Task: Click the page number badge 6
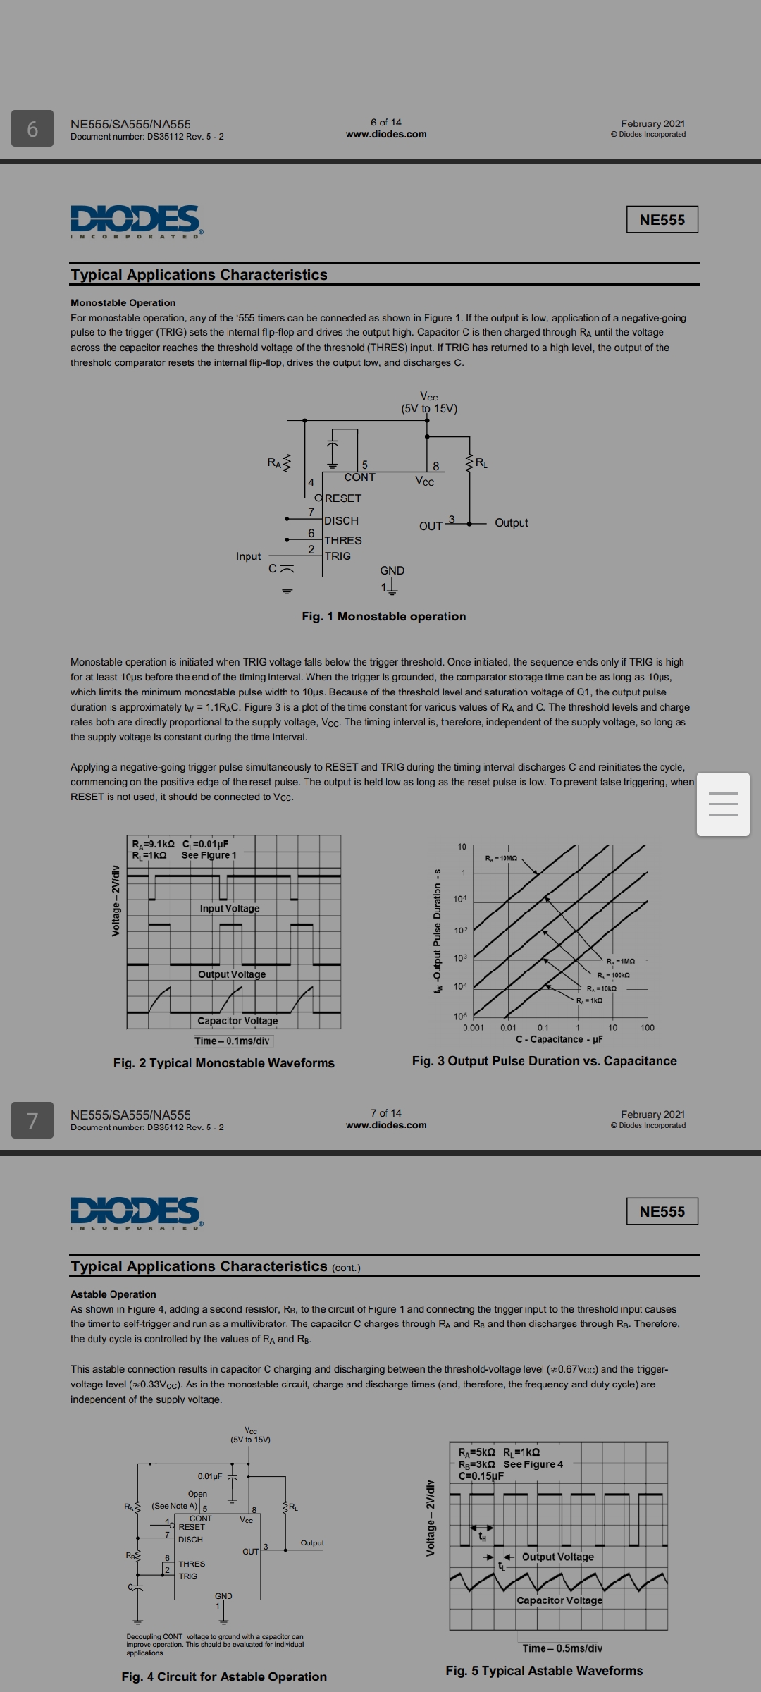pos(32,129)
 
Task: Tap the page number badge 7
pos(32,1120)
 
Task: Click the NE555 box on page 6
pos(662,220)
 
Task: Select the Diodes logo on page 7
pos(136,1211)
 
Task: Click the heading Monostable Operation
pos(123,302)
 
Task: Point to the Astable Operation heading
pos(113,1294)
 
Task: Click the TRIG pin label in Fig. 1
pos(338,556)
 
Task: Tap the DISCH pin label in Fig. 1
pos(341,520)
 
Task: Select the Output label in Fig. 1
pos(511,522)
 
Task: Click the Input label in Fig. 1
pos(248,556)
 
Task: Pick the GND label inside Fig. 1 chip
pos(392,570)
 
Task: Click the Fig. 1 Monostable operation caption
pos(384,616)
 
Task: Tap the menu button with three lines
pos(722,804)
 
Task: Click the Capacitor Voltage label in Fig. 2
pos(237,1021)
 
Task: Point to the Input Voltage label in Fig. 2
pos(230,908)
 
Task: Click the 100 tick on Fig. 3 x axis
pos(647,1027)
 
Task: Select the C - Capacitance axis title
pos(559,1039)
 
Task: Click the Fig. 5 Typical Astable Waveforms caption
pos(544,1670)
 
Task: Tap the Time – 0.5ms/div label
pos(562,1648)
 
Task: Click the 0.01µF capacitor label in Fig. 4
pos(210,1476)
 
